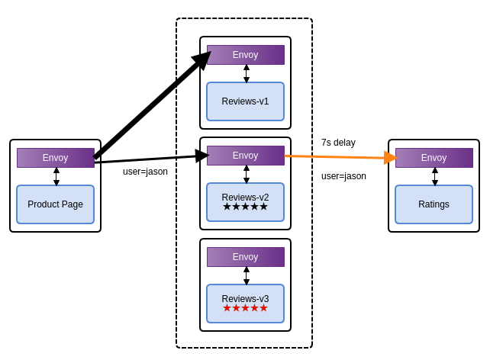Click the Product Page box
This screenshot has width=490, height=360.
pyautogui.click(x=55, y=204)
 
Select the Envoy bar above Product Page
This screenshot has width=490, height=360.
pyautogui.click(x=55, y=158)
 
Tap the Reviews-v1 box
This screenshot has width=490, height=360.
pyautogui.click(x=245, y=101)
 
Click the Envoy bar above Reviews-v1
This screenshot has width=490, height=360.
pyautogui.click(x=245, y=55)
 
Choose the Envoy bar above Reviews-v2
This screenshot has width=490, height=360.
pyautogui.click(x=245, y=156)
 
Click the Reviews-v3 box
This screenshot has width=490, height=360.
pyautogui.click(x=245, y=299)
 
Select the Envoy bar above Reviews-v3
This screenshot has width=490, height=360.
pyautogui.click(x=245, y=257)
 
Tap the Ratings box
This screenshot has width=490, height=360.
pyautogui.click(x=434, y=204)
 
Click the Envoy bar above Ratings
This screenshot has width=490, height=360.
pyautogui.click(x=434, y=158)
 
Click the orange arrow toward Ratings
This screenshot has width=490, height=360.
pyautogui.click(x=340, y=157)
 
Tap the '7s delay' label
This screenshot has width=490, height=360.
pyautogui.click(x=338, y=143)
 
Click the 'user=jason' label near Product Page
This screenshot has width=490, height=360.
pyautogui.click(x=145, y=172)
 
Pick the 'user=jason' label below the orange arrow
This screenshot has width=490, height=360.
pyautogui.click(x=343, y=176)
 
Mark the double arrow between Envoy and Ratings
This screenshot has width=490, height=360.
pyautogui.click(x=435, y=176)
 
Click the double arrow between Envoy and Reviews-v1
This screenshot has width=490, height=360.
pyautogui.click(x=247, y=73)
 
